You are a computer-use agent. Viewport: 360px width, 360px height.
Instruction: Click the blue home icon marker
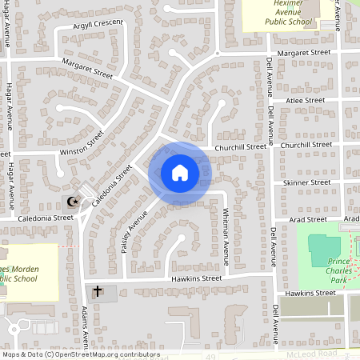(180, 173)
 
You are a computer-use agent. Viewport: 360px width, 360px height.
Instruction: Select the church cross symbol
(98, 292)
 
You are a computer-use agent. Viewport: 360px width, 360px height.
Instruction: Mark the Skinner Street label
(306, 182)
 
